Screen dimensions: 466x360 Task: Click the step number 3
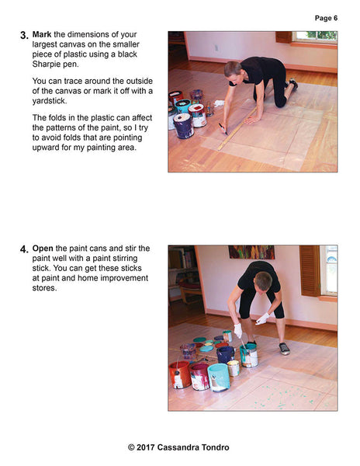pyautogui.click(x=24, y=36)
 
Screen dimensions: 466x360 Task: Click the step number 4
pyautogui.click(x=24, y=250)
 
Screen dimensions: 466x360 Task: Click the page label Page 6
pyautogui.click(x=326, y=18)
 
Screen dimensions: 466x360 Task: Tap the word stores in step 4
pyautogui.click(x=46, y=290)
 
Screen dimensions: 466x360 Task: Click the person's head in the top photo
pyautogui.click(x=233, y=69)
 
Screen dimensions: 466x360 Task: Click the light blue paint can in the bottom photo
pyautogui.click(x=219, y=377)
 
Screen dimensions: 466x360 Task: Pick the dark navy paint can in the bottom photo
pyautogui.click(x=225, y=353)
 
